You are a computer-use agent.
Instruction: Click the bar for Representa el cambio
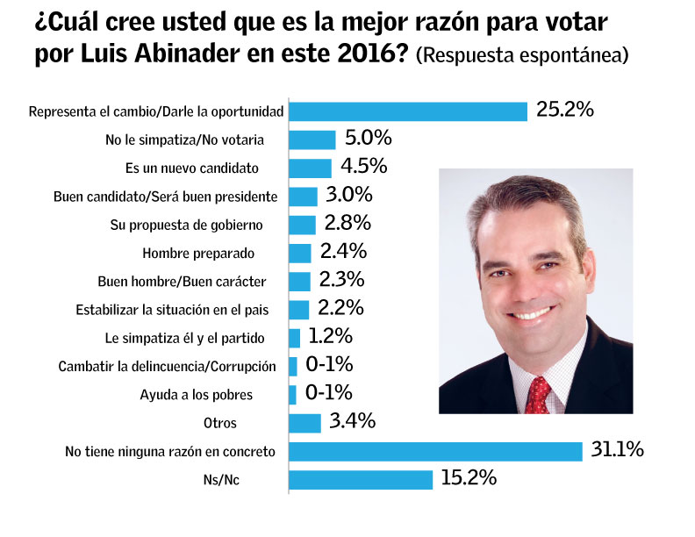tap(408, 111)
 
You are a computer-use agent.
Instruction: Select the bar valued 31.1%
tap(436, 451)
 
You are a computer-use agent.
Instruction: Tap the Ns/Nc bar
tap(361, 480)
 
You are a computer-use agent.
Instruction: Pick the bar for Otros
tap(305, 423)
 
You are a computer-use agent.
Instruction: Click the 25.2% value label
tap(565, 111)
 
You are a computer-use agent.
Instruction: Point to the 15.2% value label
tap(469, 479)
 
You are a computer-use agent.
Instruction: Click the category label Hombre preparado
tap(197, 254)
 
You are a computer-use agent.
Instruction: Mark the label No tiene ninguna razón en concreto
tap(170, 452)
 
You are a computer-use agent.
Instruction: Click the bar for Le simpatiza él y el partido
tap(295, 338)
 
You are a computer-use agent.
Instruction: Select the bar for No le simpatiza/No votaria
tap(312, 140)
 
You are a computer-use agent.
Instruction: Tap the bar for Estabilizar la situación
tap(299, 309)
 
